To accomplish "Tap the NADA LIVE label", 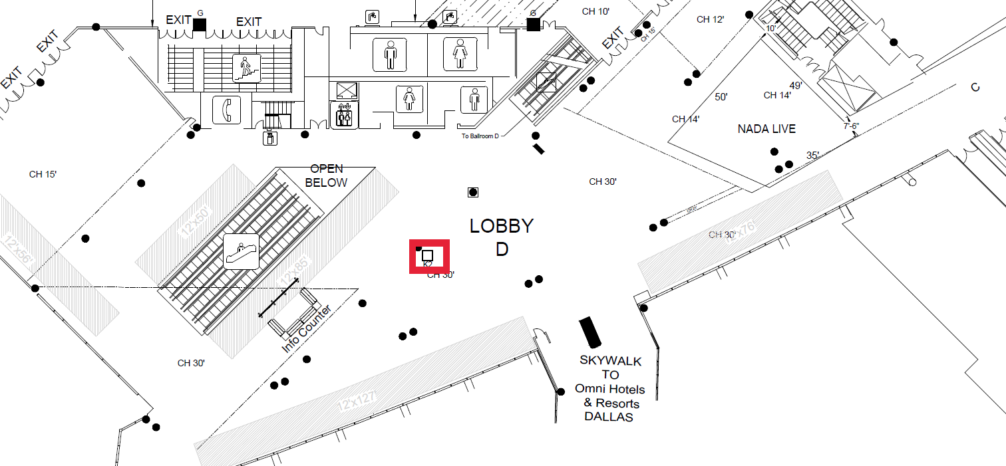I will pyautogui.click(x=766, y=129).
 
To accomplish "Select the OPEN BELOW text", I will pyautogui.click(x=326, y=175).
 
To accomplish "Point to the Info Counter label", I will pyautogui.click(x=306, y=330).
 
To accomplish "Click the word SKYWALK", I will pyautogui.click(x=610, y=361).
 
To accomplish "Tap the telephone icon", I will pyautogui.click(x=226, y=110).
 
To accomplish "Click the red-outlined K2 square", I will pyautogui.click(x=428, y=255).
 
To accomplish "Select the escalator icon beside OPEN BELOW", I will pyautogui.click(x=241, y=251).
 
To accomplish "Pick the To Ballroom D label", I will pyautogui.click(x=480, y=136).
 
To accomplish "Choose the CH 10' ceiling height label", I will pyautogui.click(x=595, y=11).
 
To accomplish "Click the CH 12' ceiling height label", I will pyautogui.click(x=710, y=19).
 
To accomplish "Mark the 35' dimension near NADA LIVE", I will pyautogui.click(x=812, y=156).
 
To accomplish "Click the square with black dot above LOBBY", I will pyautogui.click(x=473, y=193).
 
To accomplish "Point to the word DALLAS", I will pyautogui.click(x=608, y=417).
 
